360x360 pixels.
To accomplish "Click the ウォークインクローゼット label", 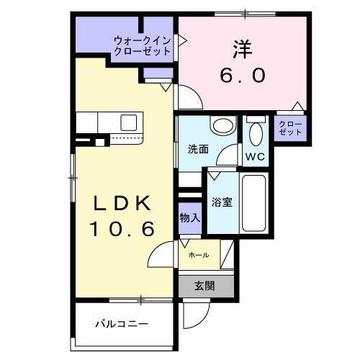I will [141, 46].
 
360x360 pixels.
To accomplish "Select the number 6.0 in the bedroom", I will [241, 73].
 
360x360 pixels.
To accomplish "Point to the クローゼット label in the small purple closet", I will [291, 128].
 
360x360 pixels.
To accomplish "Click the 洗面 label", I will [198, 150].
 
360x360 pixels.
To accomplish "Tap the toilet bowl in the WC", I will [255, 134].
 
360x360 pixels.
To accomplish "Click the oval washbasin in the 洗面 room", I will [223, 126].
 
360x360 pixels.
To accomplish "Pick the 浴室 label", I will [221, 202].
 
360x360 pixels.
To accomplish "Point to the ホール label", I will [199, 255].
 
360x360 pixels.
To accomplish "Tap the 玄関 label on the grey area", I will [204, 285].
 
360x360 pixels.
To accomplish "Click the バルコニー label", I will [122, 323].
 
